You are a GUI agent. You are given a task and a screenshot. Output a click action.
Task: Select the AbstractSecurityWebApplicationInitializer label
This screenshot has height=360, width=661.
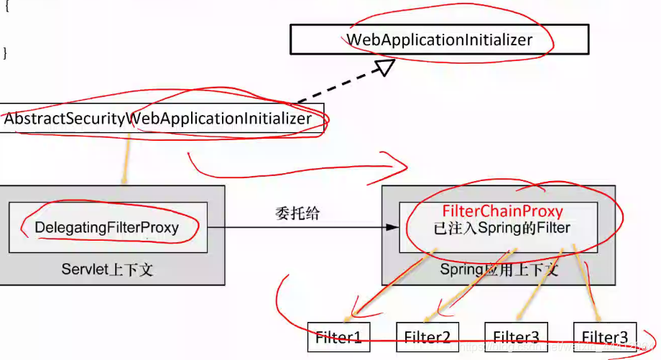[158, 119]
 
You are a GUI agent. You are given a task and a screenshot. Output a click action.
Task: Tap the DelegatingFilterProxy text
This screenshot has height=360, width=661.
[107, 227]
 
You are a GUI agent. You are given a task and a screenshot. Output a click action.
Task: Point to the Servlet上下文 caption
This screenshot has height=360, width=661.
[107, 270]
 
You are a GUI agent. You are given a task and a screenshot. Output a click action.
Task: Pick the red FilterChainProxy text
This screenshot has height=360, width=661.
[502, 212]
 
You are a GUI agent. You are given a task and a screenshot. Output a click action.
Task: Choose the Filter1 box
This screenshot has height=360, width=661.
[338, 337]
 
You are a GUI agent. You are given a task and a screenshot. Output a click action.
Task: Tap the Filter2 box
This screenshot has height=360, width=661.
[427, 337]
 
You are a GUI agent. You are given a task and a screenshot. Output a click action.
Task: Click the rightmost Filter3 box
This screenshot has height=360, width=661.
[604, 337]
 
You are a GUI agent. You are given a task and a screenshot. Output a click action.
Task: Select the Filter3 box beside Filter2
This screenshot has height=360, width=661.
[516, 337]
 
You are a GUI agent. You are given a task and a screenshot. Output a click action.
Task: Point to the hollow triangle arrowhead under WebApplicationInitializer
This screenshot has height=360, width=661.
[385, 68]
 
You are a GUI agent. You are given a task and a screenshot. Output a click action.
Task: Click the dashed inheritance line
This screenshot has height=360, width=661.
[338, 90]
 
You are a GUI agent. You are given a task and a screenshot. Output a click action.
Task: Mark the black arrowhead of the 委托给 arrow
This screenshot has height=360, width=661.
[392, 227]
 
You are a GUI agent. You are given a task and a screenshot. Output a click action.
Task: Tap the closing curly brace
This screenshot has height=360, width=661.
[6, 52]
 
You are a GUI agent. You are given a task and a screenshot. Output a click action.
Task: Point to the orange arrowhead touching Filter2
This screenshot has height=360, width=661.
[429, 318]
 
